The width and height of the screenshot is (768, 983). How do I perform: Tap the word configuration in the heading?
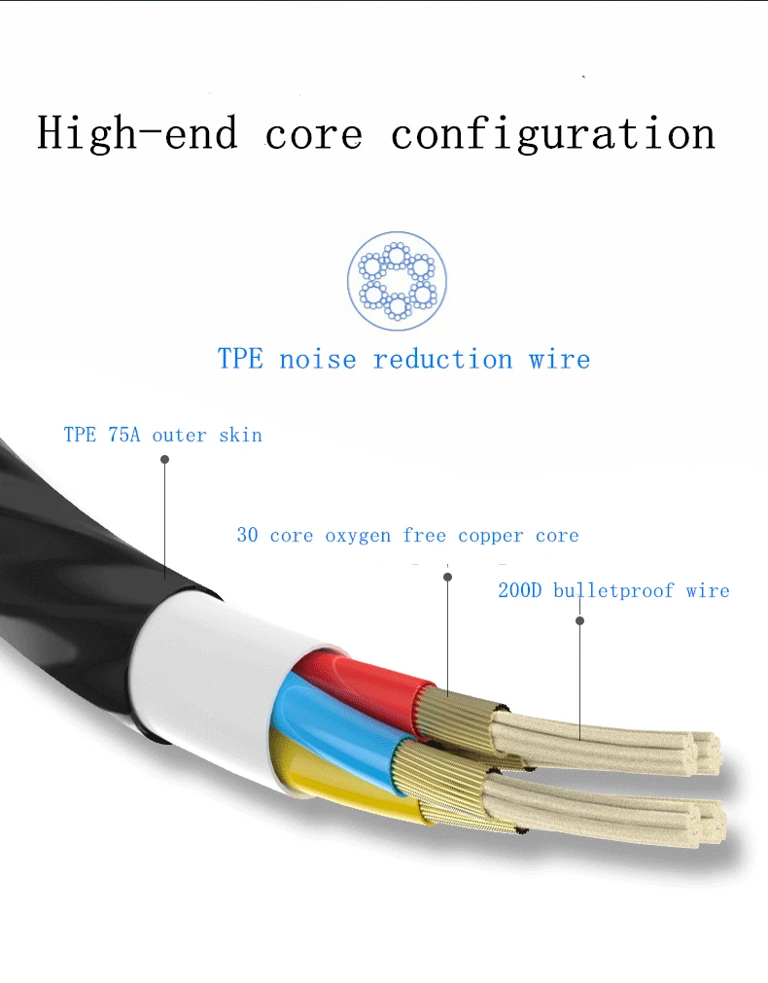553,134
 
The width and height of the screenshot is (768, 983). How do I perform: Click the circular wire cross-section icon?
397,280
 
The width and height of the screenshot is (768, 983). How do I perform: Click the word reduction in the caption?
442,359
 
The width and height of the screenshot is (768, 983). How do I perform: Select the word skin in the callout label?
240,435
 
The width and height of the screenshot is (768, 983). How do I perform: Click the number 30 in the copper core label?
247,536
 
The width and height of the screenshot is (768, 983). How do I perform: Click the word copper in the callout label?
490,536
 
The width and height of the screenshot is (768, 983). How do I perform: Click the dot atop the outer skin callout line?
164,460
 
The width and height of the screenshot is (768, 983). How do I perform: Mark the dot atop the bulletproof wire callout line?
579,619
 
